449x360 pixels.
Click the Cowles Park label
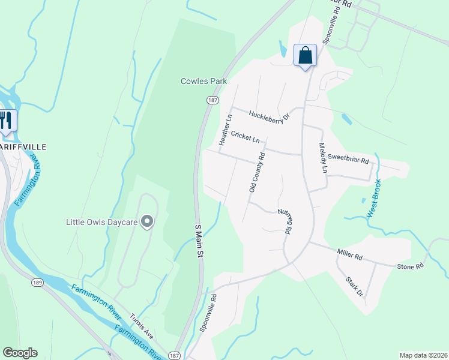coord(203,81)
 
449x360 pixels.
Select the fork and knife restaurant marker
coord(7,119)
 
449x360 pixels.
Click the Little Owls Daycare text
coord(101,223)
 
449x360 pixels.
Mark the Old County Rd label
coord(257,172)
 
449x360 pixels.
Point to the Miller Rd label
coord(350,256)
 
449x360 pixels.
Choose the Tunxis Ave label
coord(142,323)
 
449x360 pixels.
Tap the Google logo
coord(20,353)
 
